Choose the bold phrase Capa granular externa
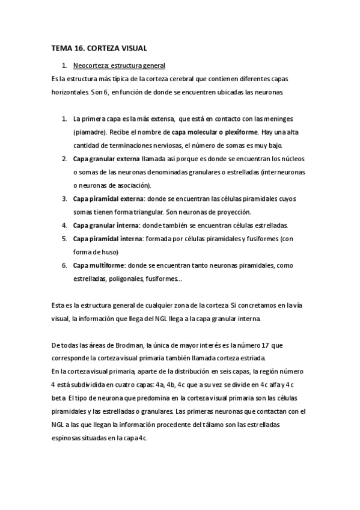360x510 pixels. point(105,159)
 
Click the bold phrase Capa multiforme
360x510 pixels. point(99,265)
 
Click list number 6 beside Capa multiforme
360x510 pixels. point(64,265)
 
